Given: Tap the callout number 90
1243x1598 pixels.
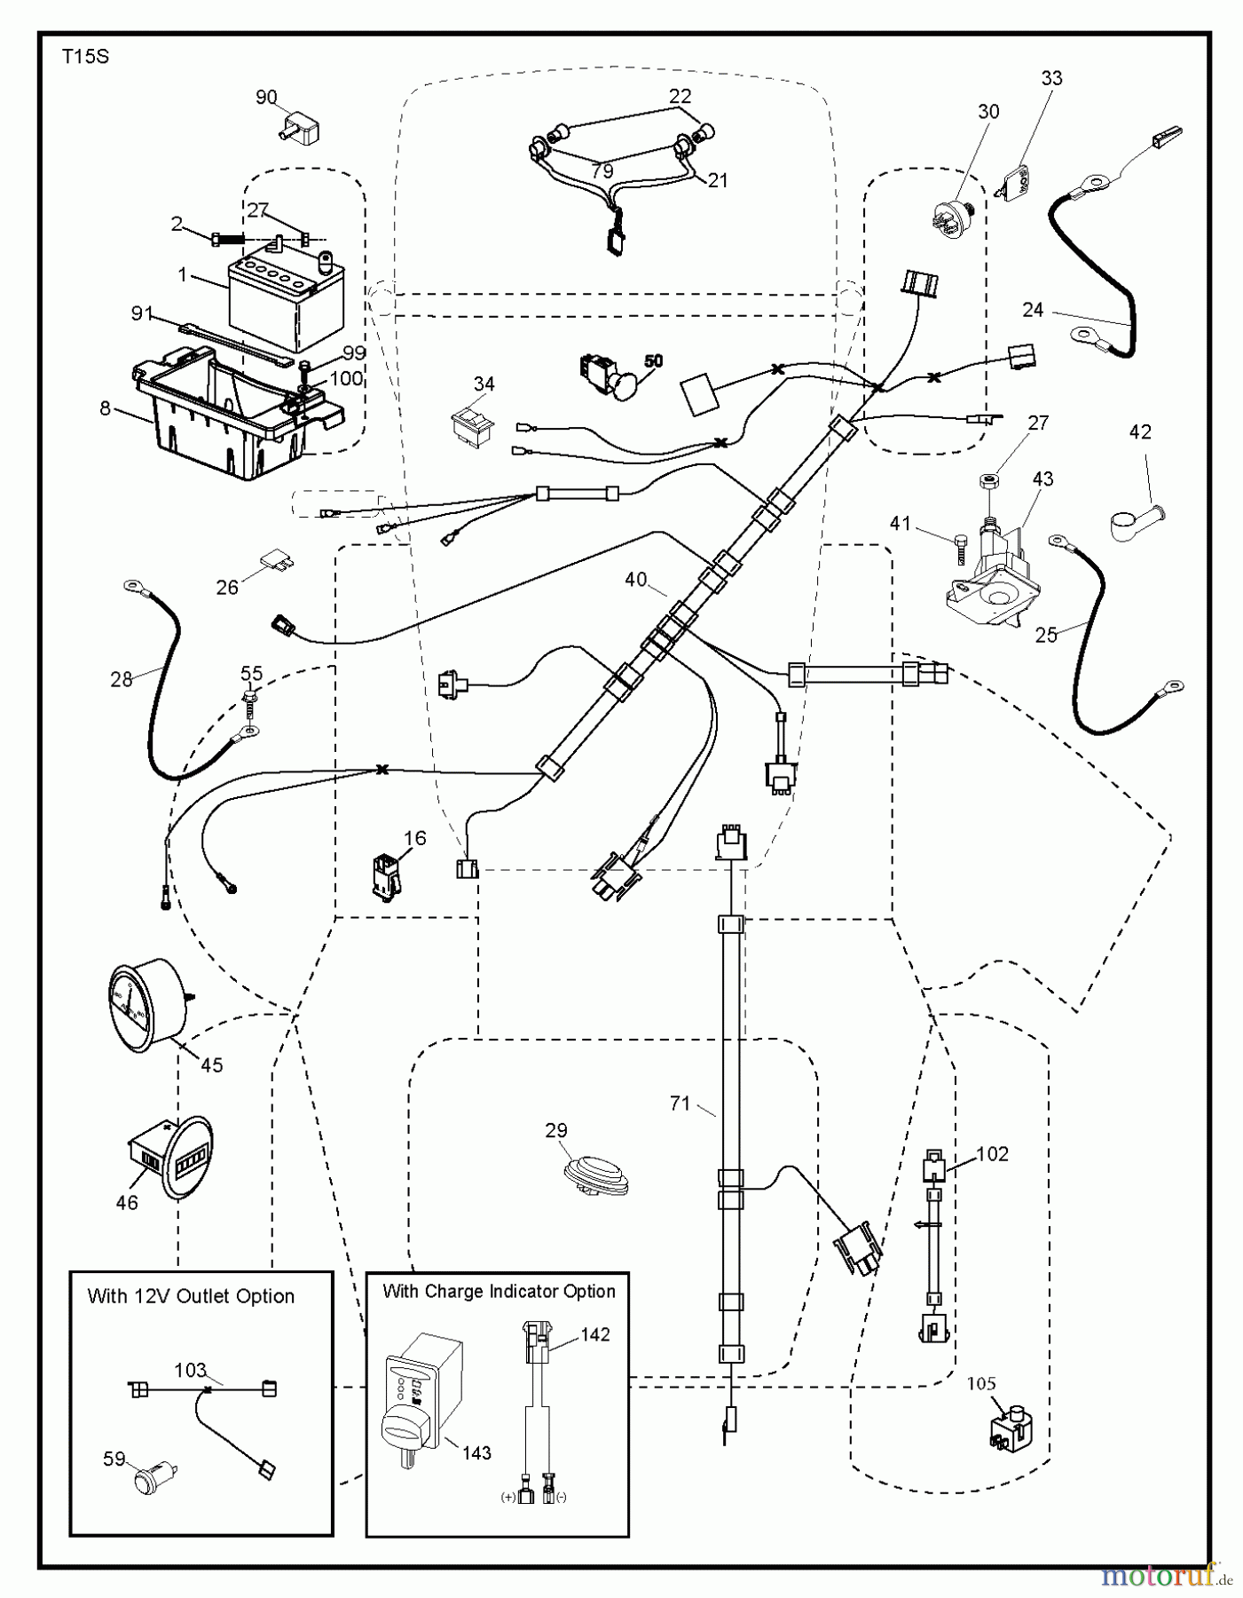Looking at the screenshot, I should coord(266,98).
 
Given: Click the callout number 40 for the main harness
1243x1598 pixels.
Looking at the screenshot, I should coord(635,580).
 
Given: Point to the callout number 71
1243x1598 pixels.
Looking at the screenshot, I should coord(680,1104).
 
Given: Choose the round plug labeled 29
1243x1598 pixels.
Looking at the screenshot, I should coord(597,1176).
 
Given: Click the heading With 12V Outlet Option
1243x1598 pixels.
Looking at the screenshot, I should coord(191,1296).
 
